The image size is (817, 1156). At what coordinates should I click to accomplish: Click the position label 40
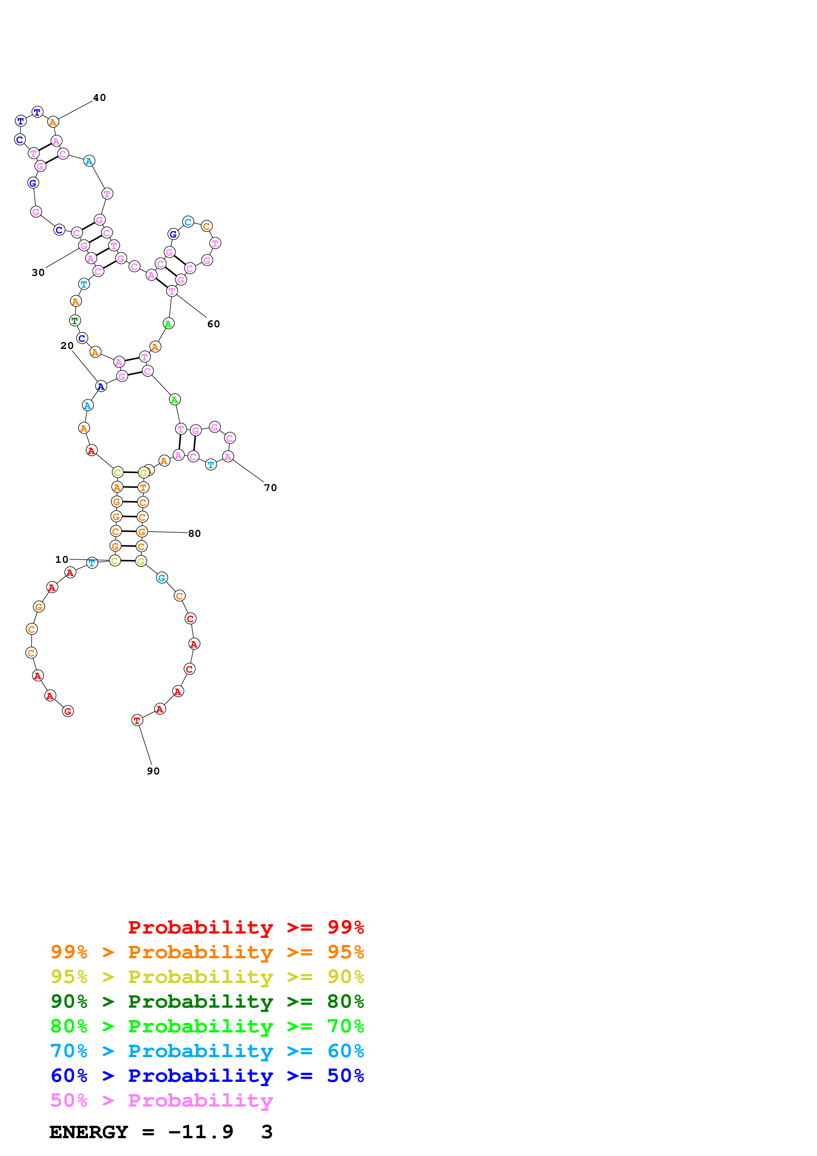(100, 98)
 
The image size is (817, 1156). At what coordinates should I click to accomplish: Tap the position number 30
(38, 273)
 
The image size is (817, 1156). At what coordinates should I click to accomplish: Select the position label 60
(214, 324)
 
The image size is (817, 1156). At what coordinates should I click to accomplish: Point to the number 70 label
(270, 487)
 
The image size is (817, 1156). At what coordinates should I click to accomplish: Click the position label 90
(153, 771)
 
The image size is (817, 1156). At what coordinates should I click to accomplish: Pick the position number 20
(67, 345)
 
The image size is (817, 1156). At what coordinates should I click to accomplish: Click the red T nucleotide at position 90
(137, 720)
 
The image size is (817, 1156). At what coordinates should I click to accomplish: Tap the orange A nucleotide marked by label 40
(53, 122)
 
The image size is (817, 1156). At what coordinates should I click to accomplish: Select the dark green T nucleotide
(74, 320)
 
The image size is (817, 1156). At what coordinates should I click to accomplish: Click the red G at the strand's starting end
(68, 711)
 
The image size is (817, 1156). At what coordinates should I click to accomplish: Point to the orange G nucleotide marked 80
(142, 531)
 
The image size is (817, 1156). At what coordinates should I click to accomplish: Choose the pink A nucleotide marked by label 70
(228, 457)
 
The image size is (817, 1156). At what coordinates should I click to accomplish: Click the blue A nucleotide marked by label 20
(101, 386)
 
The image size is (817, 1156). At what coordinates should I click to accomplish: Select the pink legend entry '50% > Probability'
(161, 1100)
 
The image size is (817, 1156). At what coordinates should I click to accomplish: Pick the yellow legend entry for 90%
(207, 976)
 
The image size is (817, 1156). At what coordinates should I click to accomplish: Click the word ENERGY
(89, 1132)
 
